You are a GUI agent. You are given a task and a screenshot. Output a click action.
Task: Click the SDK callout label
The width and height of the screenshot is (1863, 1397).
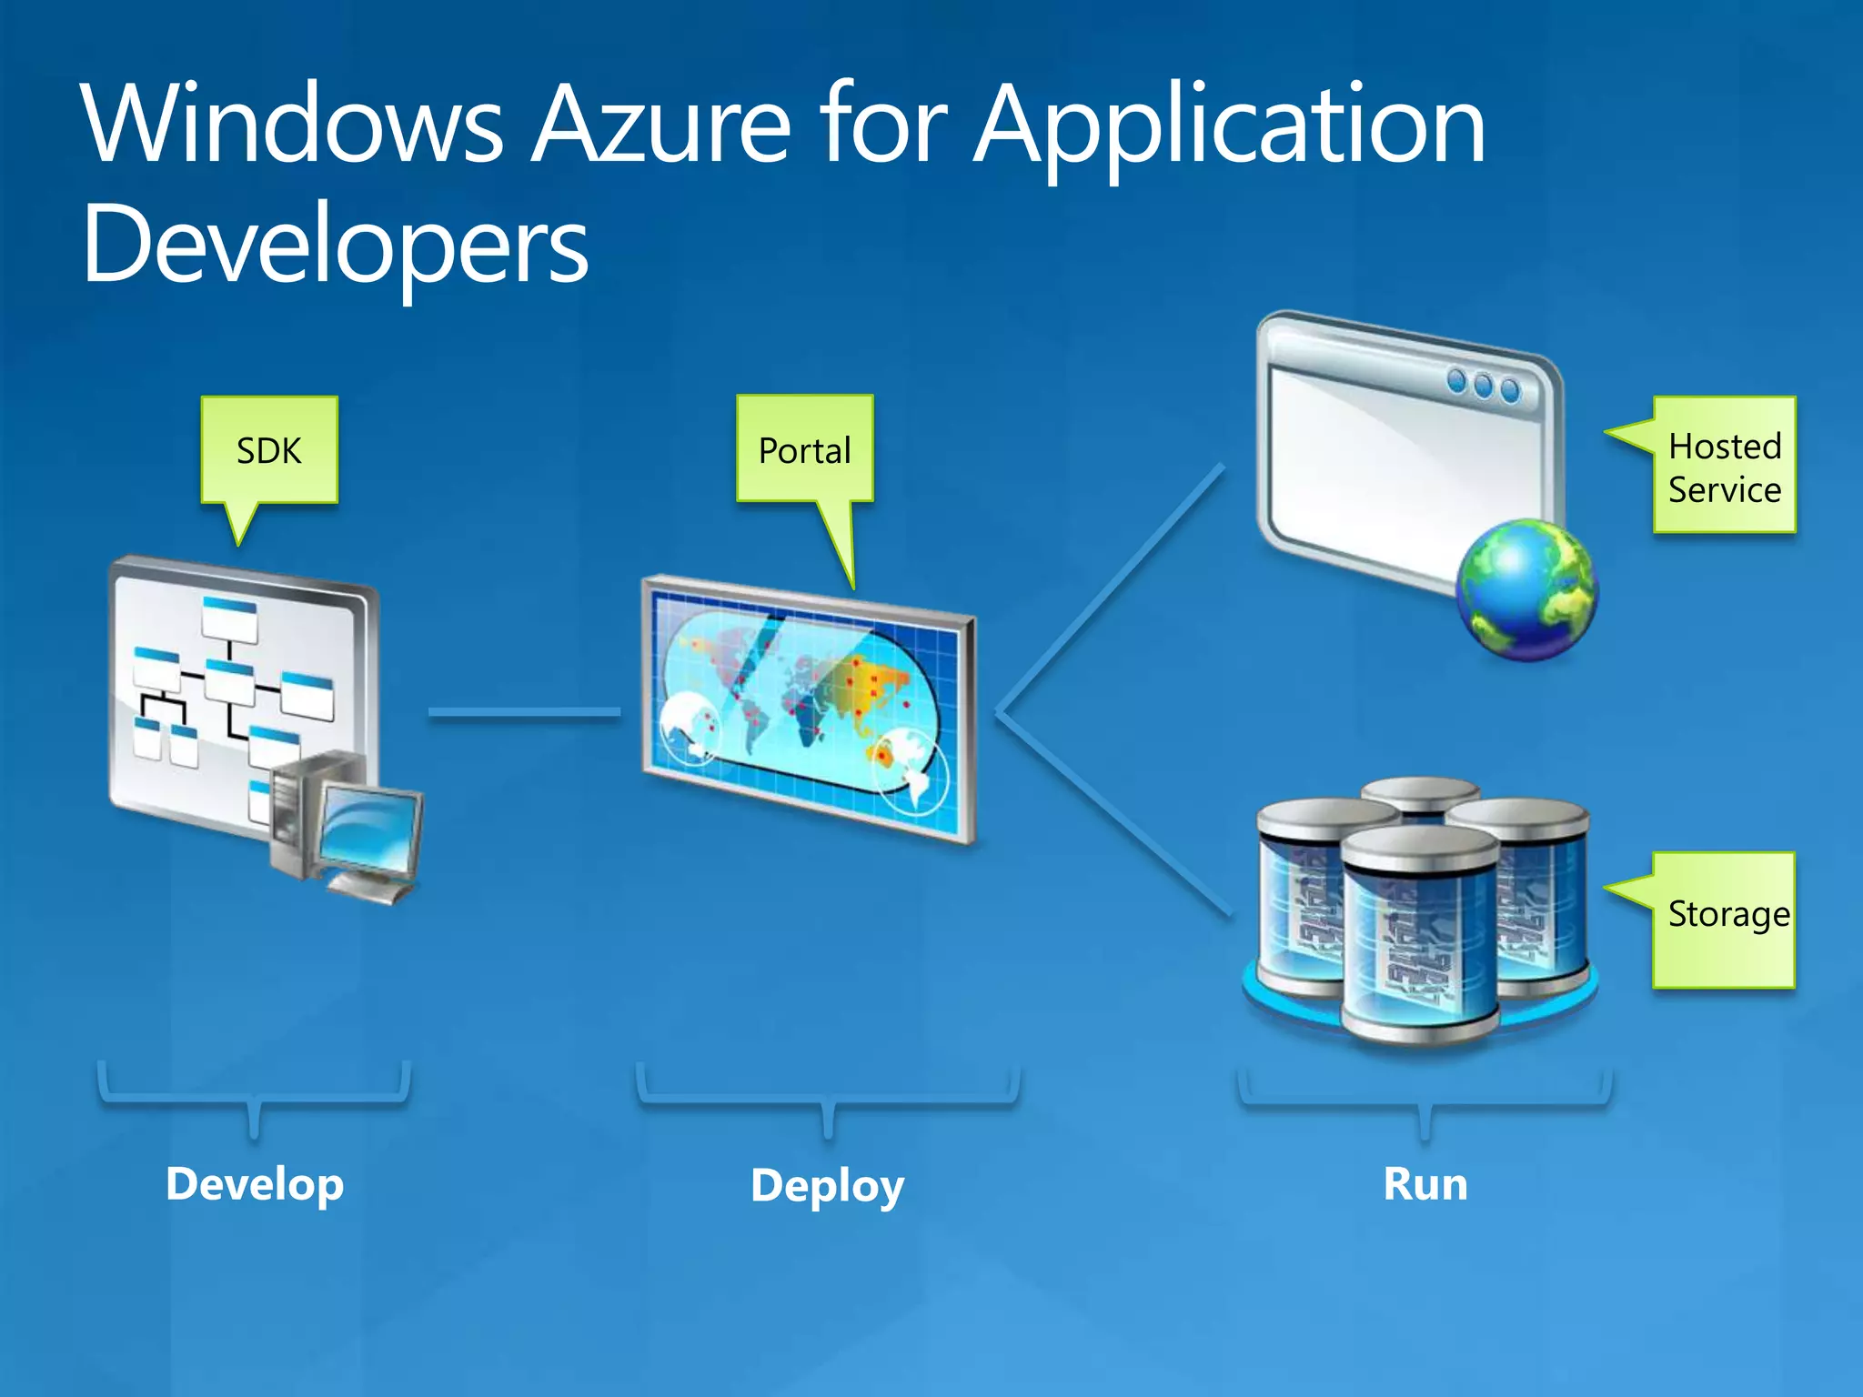point(269,450)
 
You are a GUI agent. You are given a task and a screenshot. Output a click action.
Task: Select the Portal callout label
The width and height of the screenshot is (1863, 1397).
point(805,450)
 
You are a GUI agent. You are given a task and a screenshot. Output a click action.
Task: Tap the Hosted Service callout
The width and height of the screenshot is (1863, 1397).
point(1724,467)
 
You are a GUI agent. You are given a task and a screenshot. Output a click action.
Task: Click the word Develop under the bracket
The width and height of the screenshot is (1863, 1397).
point(255,1184)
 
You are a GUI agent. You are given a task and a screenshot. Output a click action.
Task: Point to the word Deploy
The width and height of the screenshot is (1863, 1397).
point(827,1186)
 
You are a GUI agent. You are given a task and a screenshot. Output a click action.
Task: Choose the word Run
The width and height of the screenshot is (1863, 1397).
point(1425,1184)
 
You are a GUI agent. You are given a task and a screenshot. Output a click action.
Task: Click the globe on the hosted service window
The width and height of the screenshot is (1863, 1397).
point(1527,588)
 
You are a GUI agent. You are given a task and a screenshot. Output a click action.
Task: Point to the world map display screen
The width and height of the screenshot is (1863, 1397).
point(808,708)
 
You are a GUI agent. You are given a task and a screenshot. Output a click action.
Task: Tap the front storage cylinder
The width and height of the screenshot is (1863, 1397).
point(1419,937)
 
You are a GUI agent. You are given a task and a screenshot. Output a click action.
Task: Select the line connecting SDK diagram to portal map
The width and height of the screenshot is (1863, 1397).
point(524,713)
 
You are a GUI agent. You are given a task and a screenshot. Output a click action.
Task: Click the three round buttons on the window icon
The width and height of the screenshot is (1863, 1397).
point(1484,386)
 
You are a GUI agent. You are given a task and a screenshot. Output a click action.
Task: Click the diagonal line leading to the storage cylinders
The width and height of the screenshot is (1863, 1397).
point(1114,814)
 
